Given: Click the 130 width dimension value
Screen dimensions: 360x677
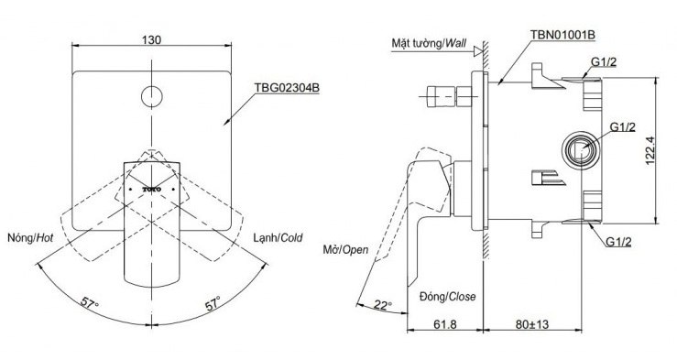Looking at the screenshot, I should pos(153,39).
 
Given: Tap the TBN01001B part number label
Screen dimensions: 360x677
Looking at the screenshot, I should pos(561,35).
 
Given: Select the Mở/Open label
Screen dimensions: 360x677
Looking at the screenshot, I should pos(346,249).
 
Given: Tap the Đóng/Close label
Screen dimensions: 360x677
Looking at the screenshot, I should pos(449,295).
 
